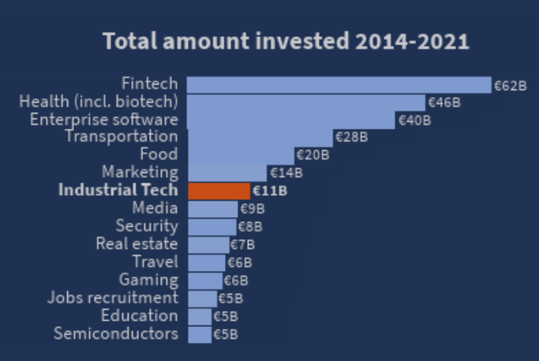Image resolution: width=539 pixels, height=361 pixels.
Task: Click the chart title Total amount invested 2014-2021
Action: tap(286, 42)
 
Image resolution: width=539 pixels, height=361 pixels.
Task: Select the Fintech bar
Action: tap(339, 85)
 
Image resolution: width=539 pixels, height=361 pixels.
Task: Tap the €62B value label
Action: tap(510, 85)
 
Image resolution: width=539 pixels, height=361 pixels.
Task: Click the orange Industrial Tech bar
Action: tap(219, 190)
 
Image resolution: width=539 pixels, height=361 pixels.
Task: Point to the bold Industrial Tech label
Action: tap(118, 190)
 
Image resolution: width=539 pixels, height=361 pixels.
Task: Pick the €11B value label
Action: tap(270, 190)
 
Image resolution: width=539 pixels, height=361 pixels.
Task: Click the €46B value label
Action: tap(444, 103)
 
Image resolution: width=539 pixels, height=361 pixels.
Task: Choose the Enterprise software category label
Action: tap(103, 119)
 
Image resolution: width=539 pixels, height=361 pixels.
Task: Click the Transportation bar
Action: tap(260, 137)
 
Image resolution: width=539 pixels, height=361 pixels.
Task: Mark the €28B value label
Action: tap(352, 137)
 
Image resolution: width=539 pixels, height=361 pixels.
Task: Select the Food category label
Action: tap(159, 154)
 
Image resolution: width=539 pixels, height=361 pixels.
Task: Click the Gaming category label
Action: tap(148, 280)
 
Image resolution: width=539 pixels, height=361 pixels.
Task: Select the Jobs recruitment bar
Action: tap(202, 298)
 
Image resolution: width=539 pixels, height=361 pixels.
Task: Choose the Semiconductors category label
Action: tap(116, 333)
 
